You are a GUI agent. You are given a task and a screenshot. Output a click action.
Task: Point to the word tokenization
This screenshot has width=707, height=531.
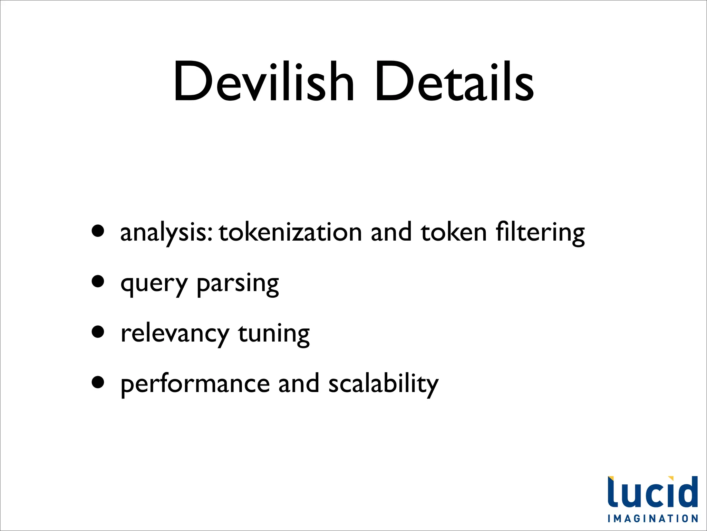[x=290, y=232]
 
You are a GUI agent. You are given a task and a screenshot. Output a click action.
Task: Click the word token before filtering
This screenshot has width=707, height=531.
[x=454, y=232]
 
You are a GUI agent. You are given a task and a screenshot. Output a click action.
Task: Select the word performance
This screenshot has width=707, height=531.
[x=195, y=385]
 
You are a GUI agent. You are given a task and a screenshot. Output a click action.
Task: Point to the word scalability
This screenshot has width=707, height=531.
[x=383, y=384]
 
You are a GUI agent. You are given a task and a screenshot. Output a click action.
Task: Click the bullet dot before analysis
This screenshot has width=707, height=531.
[x=98, y=231]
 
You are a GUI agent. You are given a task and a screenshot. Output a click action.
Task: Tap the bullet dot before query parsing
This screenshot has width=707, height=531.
[x=98, y=281]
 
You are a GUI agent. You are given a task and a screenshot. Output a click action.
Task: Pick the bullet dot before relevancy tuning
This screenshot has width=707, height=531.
[x=98, y=332]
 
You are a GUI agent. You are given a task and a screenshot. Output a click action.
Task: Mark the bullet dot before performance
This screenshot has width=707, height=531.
[x=98, y=382]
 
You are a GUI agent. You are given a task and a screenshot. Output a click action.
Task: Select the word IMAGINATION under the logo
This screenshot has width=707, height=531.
[x=653, y=519]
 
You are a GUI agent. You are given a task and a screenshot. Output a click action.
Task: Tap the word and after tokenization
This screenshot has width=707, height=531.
[x=391, y=232]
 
